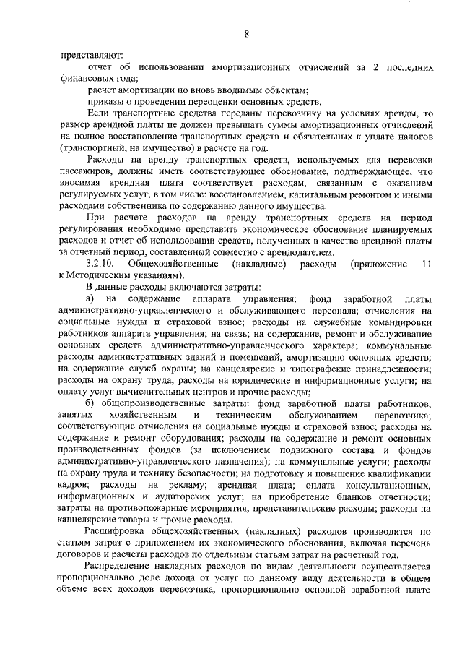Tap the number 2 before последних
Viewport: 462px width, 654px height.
[375, 67]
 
